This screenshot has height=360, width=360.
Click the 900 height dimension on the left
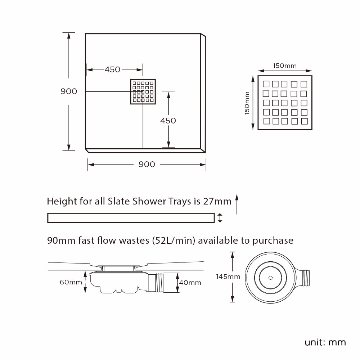pos(69,91)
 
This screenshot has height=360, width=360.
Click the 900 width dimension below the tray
pos(147,165)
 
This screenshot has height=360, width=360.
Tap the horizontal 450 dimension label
pos(112,69)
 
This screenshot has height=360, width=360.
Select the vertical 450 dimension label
pos(168,121)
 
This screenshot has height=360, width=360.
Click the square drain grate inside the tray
pos(143,91)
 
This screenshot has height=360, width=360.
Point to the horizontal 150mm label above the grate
pos(285,66)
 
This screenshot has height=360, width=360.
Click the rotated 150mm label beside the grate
pos(247,103)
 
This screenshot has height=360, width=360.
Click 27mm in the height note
pos(217,201)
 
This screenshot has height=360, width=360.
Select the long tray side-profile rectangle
pos(131,218)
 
